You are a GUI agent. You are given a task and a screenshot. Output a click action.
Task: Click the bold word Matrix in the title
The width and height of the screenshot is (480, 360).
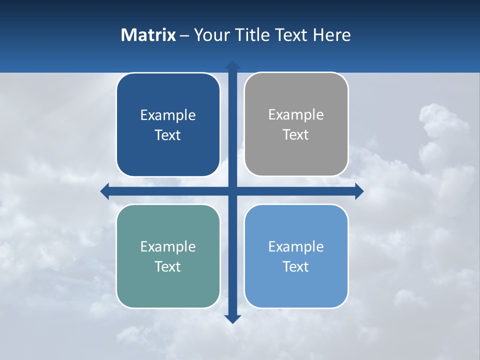(148, 35)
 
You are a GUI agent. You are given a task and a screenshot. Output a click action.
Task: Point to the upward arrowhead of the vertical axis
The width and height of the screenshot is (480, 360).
(232, 65)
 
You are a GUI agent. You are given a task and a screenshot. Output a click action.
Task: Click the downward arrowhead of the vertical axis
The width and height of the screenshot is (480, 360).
(232, 319)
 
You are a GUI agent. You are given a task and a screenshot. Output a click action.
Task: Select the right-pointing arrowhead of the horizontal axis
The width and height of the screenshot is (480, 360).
(359, 191)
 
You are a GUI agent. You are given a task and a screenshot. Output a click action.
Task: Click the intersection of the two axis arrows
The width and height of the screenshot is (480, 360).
(232, 191)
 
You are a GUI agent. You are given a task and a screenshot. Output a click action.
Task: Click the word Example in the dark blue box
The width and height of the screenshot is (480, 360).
(168, 115)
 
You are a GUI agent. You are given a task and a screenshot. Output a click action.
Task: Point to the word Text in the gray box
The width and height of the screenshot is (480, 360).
(296, 135)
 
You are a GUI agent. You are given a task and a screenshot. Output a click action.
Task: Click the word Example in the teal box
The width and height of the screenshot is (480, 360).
(168, 247)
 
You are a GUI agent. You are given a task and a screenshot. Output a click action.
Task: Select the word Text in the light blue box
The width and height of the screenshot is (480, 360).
(296, 267)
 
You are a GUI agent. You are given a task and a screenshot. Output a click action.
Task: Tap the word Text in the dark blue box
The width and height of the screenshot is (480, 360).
(168, 135)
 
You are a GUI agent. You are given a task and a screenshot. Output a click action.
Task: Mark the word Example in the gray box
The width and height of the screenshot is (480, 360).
(296, 115)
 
